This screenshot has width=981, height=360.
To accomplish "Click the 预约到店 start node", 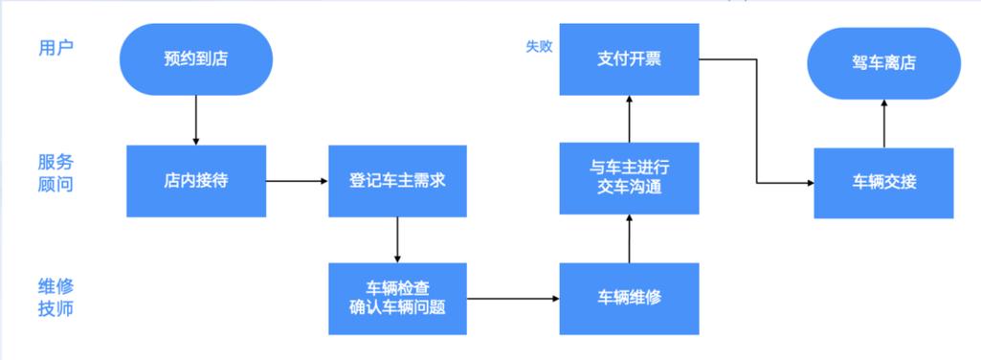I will point(196,59).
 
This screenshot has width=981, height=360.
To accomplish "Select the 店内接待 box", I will point(195,180).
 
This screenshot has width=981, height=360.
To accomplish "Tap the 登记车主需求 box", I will point(397,180).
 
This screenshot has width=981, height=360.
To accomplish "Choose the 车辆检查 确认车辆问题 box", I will point(397,298).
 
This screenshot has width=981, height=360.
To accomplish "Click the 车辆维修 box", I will point(629,298).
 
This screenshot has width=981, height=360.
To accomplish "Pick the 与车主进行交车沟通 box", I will point(629,178).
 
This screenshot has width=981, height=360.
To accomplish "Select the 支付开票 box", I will point(629,59).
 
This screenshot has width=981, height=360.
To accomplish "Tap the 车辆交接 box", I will point(883,182).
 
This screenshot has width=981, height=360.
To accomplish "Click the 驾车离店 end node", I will point(883,63).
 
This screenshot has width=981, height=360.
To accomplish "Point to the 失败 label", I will point(539,46).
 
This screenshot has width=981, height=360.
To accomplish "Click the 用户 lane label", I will point(55,46).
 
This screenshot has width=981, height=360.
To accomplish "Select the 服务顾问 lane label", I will point(55,172).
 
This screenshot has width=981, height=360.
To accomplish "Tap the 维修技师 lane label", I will point(55,297).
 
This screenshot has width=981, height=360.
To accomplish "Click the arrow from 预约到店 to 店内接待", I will point(196,120).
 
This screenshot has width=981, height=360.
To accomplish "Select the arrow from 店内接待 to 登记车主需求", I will point(296,180).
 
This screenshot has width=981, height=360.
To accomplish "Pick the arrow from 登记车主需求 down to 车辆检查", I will point(397,239).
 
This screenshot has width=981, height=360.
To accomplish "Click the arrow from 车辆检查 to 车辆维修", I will point(513,299).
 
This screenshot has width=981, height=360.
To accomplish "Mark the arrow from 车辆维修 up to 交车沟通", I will point(629,238).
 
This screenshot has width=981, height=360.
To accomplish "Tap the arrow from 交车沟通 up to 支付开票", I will point(629,118).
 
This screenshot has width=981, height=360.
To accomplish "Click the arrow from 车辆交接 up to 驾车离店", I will point(883,123).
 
